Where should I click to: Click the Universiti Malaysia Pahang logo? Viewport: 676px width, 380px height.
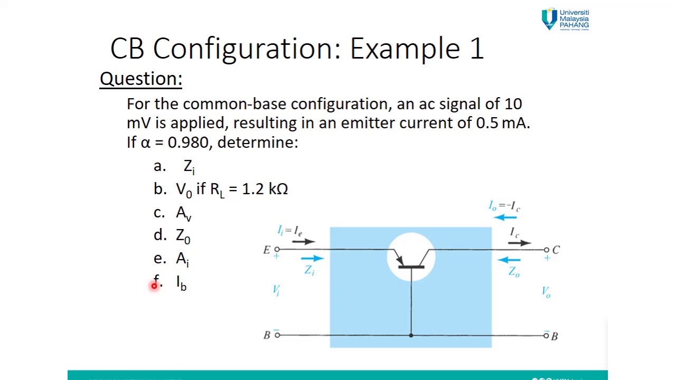click(x=565, y=20)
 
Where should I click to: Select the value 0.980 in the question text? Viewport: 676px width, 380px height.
click(x=187, y=142)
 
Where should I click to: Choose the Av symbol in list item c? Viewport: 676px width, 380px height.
click(x=183, y=213)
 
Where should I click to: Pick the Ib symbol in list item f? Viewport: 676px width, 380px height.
click(x=181, y=283)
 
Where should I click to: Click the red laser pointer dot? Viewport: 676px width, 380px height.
click(x=154, y=286)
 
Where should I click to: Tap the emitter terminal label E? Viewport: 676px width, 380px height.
click(x=266, y=250)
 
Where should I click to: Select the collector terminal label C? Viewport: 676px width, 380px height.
click(x=556, y=250)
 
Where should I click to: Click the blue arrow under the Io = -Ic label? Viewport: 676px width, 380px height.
click(x=505, y=217)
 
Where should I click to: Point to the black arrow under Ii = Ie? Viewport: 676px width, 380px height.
click(x=303, y=242)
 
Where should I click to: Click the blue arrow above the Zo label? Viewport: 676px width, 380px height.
click(x=509, y=259)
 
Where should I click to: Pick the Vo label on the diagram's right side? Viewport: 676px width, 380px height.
click(x=546, y=292)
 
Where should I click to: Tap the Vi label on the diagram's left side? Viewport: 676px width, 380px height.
click(x=276, y=290)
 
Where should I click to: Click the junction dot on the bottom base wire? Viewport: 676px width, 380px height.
click(x=411, y=335)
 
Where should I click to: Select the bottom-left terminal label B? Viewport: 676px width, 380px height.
click(x=267, y=335)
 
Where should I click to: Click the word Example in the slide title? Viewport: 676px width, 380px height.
click(x=405, y=49)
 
